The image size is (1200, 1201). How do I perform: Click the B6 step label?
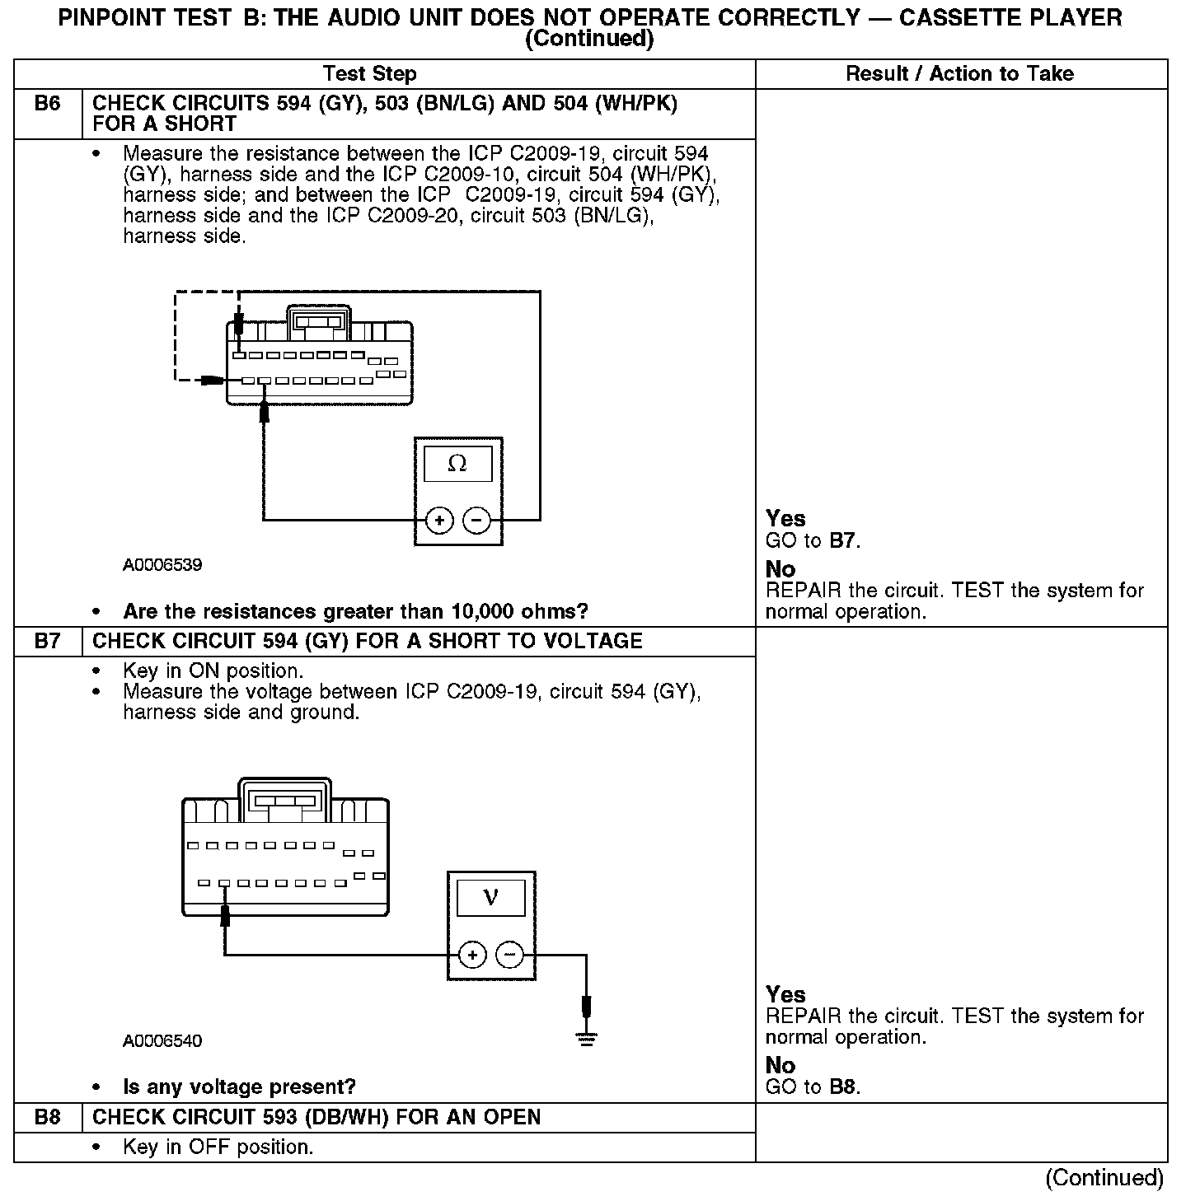(x=48, y=105)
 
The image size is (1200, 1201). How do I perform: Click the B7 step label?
(x=48, y=642)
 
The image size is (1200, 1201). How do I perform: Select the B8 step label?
(x=48, y=1118)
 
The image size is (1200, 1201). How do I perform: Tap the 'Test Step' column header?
(x=370, y=74)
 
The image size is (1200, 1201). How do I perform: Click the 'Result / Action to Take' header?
(x=959, y=74)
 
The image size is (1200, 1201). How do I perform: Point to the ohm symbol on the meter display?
(x=457, y=465)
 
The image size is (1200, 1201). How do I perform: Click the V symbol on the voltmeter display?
(x=490, y=897)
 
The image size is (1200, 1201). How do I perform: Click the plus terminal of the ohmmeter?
(x=440, y=521)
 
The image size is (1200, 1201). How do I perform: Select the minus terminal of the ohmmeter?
(x=476, y=521)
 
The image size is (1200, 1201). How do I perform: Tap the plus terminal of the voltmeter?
(x=472, y=956)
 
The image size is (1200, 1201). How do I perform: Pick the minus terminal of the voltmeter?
(x=511, y=956)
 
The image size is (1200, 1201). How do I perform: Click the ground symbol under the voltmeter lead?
(x=586, y=1040)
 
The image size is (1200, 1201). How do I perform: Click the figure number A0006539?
(x=162, y=565)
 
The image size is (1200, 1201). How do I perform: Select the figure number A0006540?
(x=162, y=1041)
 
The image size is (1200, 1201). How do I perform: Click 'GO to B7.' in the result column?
(x=813, y=541)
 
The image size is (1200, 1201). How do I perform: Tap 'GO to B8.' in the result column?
(x=813, y=1087)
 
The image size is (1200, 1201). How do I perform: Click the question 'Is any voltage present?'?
(x=239, y=1087)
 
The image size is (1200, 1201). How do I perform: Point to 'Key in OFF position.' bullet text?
(x=218, y=1147)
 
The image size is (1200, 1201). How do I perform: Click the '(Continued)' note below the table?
(x=1104, y=1179)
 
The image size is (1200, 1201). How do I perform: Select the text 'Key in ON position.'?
(x=213, y=671)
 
